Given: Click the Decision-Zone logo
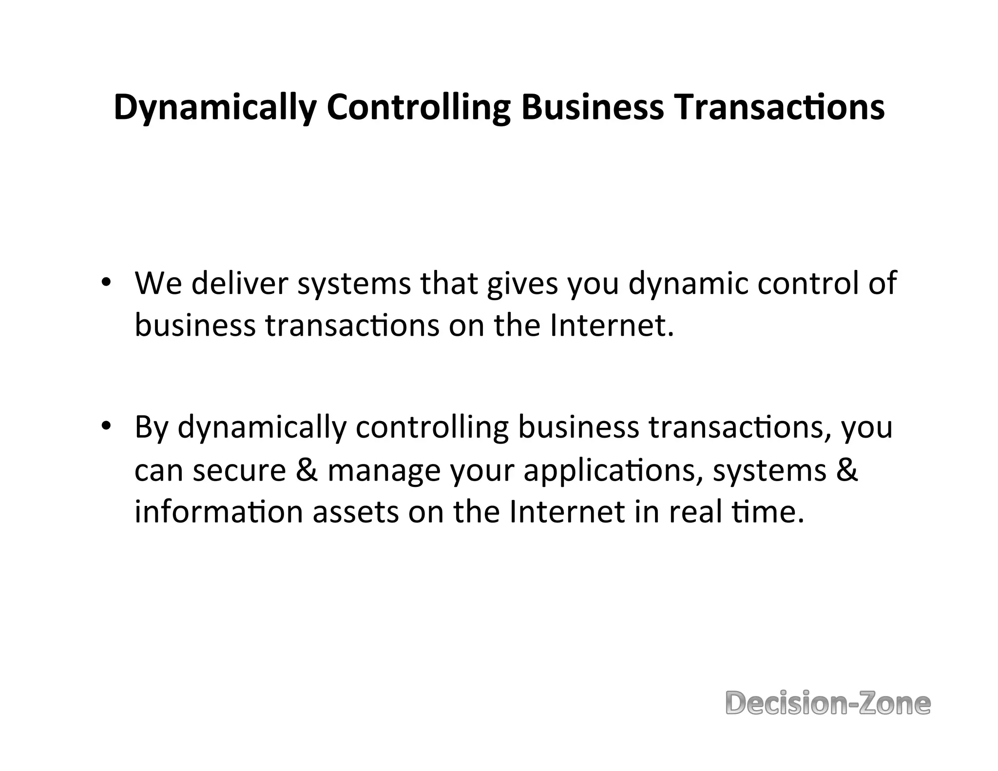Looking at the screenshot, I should click(x=828, y=703).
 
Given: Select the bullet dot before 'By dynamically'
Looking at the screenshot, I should click(x=105, y=426).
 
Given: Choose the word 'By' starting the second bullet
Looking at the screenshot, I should click(x=152, y=427).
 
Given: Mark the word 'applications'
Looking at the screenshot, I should click(x=613, y=471).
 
